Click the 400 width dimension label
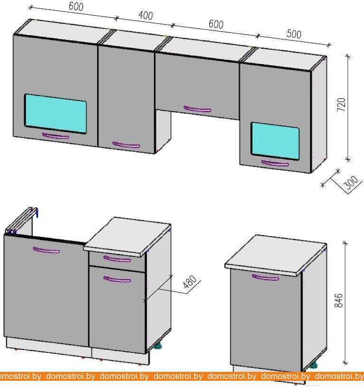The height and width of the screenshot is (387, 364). [x=146, y=15]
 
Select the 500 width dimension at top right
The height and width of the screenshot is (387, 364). [x=294, y=34]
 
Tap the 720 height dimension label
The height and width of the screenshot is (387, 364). [x=342, y=104]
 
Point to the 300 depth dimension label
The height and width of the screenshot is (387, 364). [x=351, y=182]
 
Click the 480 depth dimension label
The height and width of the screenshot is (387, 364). [x=190, y=282]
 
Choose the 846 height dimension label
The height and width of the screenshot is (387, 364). [x=338, y=301]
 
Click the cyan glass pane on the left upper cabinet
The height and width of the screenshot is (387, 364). [x=56, y=113]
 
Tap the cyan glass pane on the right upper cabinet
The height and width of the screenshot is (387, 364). [x=275, y=141]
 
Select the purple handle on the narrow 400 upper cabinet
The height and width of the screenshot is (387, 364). [x=126, y=145]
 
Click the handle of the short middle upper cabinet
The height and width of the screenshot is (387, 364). [x=197, y=109]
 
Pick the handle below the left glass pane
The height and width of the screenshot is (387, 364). [x=56, y=136]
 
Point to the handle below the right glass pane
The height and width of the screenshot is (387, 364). [x=275, y=163]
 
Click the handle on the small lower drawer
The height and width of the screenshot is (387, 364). [x=117, y=259]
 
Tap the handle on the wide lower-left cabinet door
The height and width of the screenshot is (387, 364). [x=47, y=250]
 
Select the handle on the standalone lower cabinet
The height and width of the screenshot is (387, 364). [x=265, y=278]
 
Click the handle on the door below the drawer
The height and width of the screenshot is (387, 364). [x=117, y=279]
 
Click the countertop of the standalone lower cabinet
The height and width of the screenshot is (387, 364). [x=276, y=254]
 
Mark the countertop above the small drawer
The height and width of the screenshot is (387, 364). [x=127, y=236]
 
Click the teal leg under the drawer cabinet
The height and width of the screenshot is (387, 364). [x=158, y=346]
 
